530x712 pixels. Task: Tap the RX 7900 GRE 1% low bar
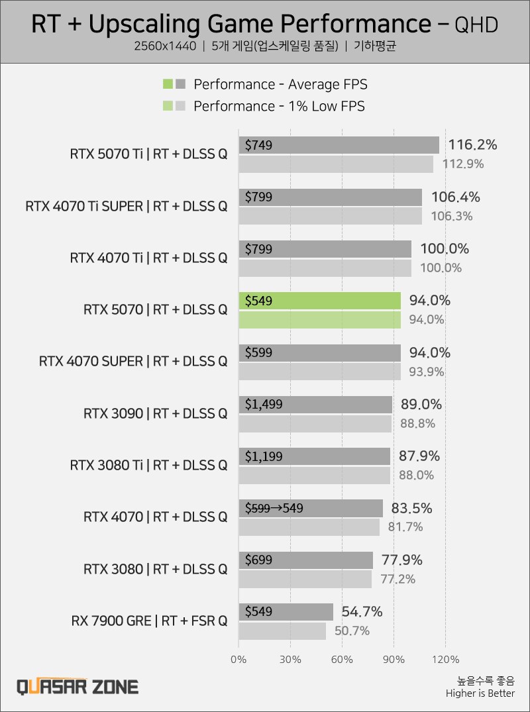point(282,631)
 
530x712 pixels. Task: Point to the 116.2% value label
point(472,145)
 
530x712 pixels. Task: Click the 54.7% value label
point(362,611)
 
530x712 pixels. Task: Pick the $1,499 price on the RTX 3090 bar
point(264,404)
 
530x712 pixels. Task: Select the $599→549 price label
point(274,508)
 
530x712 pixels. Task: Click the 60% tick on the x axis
point(342,660)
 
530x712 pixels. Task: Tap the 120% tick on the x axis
point(445,660)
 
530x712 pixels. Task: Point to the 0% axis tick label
point(238,660)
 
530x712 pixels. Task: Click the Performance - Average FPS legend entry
point(280,84)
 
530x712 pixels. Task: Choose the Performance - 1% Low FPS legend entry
point(278,106)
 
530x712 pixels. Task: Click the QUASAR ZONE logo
point(78,686)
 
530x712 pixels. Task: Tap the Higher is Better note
point(480,693)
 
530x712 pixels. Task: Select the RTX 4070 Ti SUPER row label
point(126,206)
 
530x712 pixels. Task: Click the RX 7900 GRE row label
point(149,621)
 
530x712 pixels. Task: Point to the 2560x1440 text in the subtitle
point(165,47)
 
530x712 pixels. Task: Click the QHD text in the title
point(476,25)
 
